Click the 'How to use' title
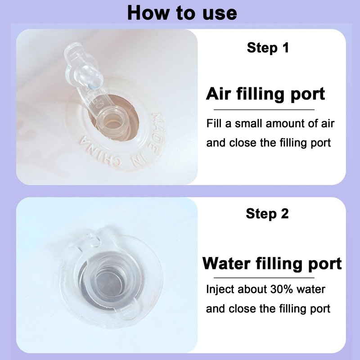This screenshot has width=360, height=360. (182, 13)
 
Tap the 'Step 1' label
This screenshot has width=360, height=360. (268, 48)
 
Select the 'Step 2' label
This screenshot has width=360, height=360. (267, 213)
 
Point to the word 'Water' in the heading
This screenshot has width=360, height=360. (226, 263)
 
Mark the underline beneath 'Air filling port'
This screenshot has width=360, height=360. (264, 110)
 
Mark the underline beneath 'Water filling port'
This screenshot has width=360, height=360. (264, 278)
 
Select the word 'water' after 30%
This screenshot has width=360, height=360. (311, 289)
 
